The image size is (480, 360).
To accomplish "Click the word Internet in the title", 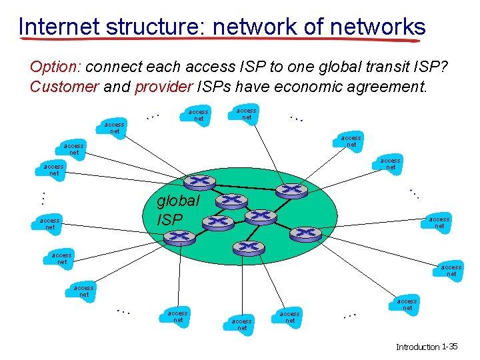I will point(59,27).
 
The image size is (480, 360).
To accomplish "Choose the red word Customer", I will point(64,87).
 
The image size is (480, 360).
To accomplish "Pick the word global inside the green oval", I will point(177,201).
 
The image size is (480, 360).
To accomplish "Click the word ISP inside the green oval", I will point(169,219).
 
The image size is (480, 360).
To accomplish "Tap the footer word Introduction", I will point(418,347).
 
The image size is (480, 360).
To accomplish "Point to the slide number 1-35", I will point(450,347).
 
